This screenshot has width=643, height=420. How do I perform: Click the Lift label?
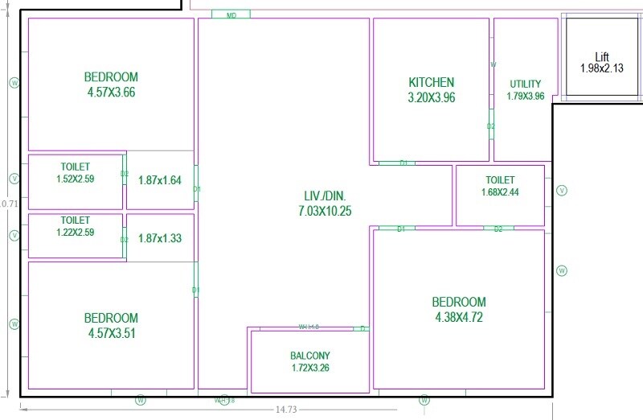tap(602, 56)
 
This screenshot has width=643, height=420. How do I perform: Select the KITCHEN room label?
tap(432, 82)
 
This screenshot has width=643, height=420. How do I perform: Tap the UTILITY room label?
tap(526, 84)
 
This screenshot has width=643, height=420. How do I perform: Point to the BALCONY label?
tap(310, 356)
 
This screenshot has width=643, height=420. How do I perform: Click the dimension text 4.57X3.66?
tap(111, 93)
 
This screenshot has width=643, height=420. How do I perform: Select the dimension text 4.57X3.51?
tap(111, 333)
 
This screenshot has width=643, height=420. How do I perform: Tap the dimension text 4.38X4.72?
tap(459, 317)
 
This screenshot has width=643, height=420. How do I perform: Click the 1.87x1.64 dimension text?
tap(160, 180)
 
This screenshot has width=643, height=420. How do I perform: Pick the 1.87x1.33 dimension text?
tap(160, 238)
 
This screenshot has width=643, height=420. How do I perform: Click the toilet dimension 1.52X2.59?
tap(76, 179)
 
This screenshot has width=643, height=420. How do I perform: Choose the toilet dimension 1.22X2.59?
tap(76, 233)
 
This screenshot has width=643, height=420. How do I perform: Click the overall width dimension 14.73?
tap(287, 410)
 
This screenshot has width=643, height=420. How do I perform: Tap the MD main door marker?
tap(231, 15)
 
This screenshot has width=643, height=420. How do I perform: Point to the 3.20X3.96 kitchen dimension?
tap(432, 97)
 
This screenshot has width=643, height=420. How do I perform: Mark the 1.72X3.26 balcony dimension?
tap(310, 368)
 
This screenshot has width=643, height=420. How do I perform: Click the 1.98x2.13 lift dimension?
tap(602, 68)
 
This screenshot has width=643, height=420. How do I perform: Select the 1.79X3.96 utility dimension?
tap(526, 96)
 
